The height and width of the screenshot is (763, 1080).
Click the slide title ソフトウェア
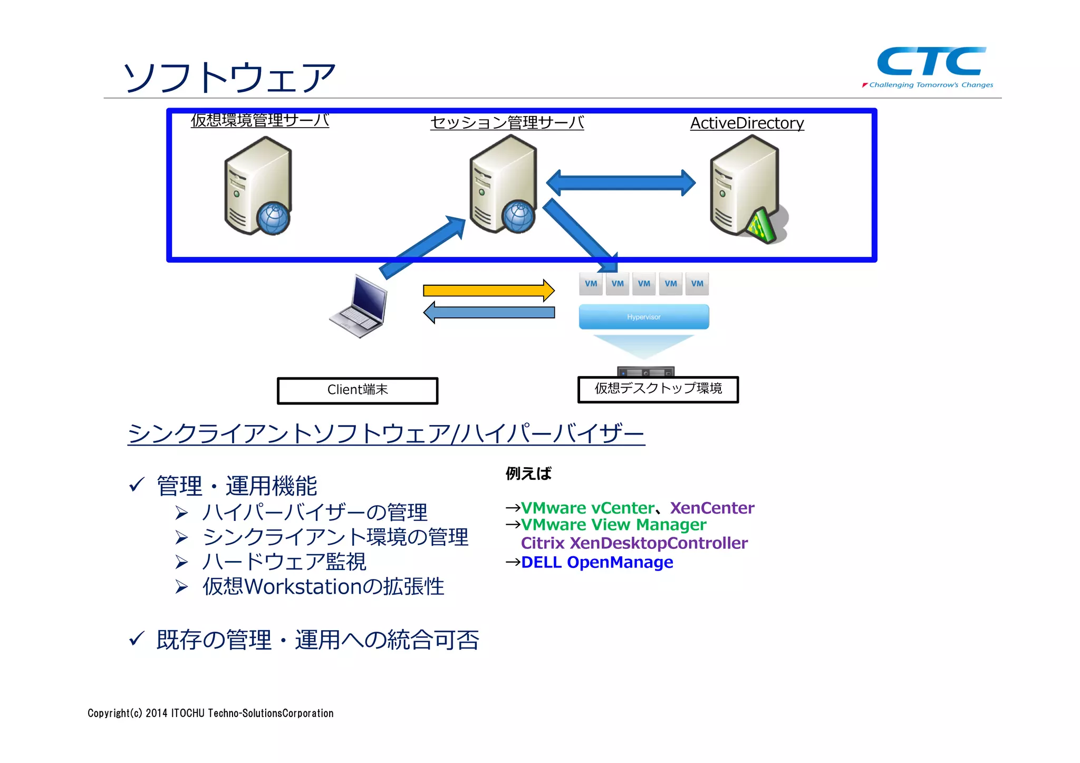pyautogui.click(x=229, y=78)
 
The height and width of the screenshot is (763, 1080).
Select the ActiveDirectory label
pyautogui.click(x=747, y=123)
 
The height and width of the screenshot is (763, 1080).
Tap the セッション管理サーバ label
pyautogui.click(x=507, y=122)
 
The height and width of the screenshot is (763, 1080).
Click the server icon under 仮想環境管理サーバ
pyautogui.click(x=258, y=186)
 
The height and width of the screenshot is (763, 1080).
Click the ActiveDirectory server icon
pyautogui.click(x=745, y=187)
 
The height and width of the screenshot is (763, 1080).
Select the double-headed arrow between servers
pyautogui.click(x=621, y=183)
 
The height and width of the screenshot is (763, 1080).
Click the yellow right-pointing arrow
pyautogui.click(x=488, y=291)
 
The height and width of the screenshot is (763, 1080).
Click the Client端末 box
pyautogui.click(x=358, y=390)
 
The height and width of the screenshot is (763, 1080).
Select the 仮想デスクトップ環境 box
pyautogui.click(x=658, y=389)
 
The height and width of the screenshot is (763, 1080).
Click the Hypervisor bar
pyautogui.click(x=643, y=317)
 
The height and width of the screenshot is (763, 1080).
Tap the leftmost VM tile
pyautogui.click(x=591, y=284)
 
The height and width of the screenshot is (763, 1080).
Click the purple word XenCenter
pyautogui.click(x=712, y=508)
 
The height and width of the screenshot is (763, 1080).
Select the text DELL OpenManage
pyautogui.click(x=596, y=562)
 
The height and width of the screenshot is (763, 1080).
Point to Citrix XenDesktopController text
pyautogui.click(x=634, y=543)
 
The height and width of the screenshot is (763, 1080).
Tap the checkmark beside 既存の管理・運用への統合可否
pyautogui.click(x=137, y=639)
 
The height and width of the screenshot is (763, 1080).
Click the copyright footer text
pyautogui.click(x=210, y=713)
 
